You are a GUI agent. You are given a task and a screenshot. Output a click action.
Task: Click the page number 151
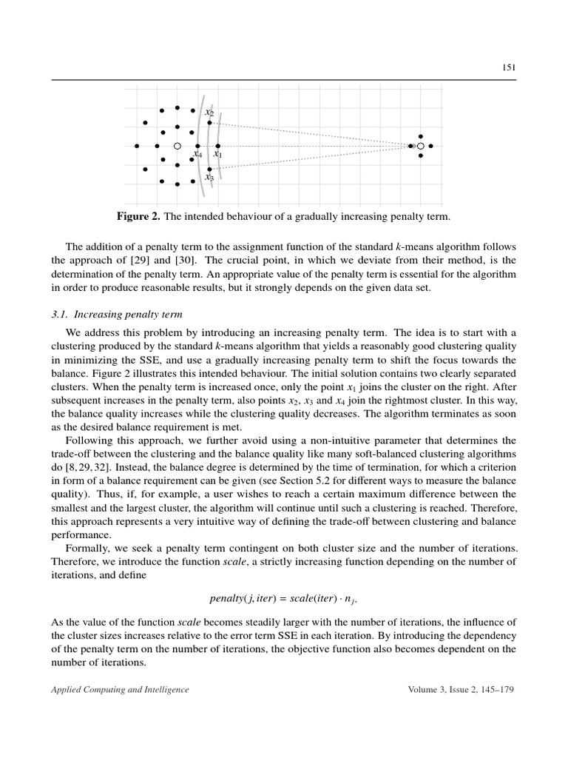509,67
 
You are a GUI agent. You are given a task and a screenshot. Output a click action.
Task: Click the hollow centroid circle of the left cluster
177,147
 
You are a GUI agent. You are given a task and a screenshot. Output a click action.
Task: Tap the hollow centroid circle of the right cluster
420,147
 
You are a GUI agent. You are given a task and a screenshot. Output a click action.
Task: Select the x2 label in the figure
209,113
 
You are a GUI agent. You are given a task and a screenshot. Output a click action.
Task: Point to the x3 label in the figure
209,177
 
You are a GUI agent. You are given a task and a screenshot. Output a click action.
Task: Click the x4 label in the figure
197,155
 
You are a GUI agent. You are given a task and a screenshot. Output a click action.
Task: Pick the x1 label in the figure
217,155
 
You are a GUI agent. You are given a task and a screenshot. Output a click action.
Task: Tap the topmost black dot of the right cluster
420,136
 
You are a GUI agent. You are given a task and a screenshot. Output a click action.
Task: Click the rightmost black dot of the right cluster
430,147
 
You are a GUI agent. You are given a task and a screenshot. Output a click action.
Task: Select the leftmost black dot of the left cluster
137,147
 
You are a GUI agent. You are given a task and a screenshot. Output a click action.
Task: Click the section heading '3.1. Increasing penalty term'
109,313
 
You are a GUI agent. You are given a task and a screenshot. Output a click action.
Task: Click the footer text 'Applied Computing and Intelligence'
120,690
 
